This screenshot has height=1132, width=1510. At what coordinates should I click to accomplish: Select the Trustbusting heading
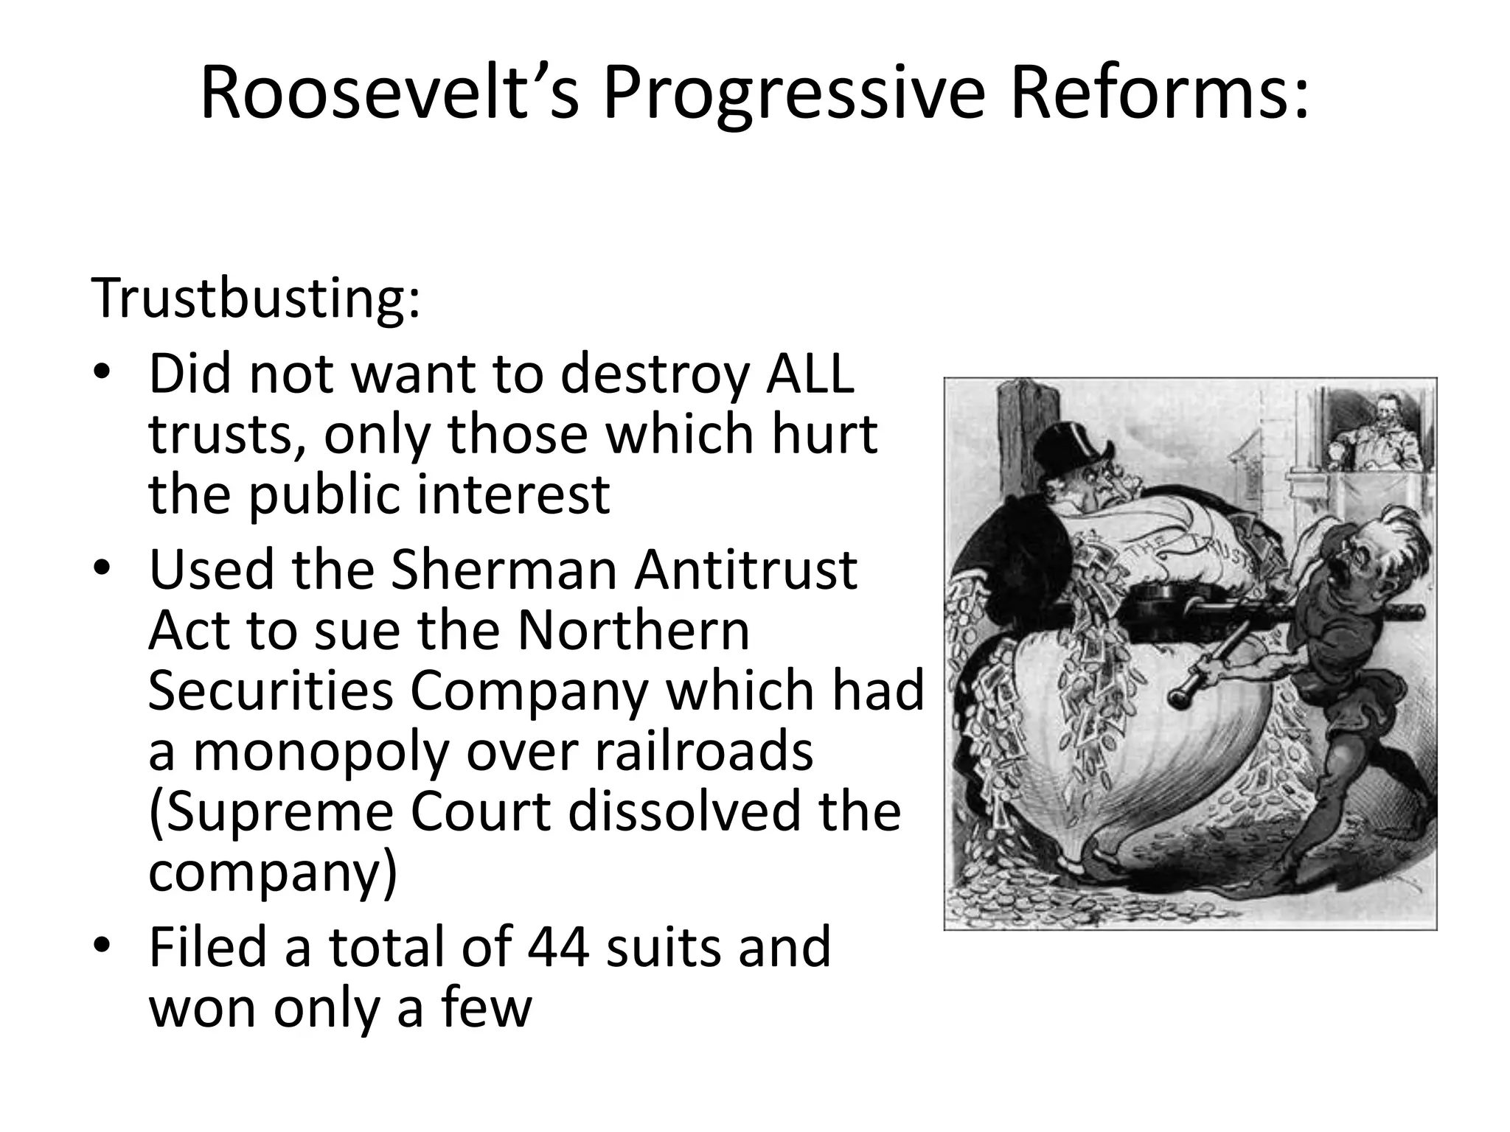(x=255, y=299)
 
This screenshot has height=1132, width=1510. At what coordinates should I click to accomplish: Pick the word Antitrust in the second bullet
(x=745, y=570)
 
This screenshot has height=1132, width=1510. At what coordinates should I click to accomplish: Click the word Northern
(x=633, y=630)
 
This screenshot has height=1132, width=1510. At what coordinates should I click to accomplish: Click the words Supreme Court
(x=350, y=811)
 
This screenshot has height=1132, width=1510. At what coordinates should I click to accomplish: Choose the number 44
(x=558, y=947)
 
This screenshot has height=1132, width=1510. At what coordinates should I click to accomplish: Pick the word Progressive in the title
(x=793, y=94)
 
